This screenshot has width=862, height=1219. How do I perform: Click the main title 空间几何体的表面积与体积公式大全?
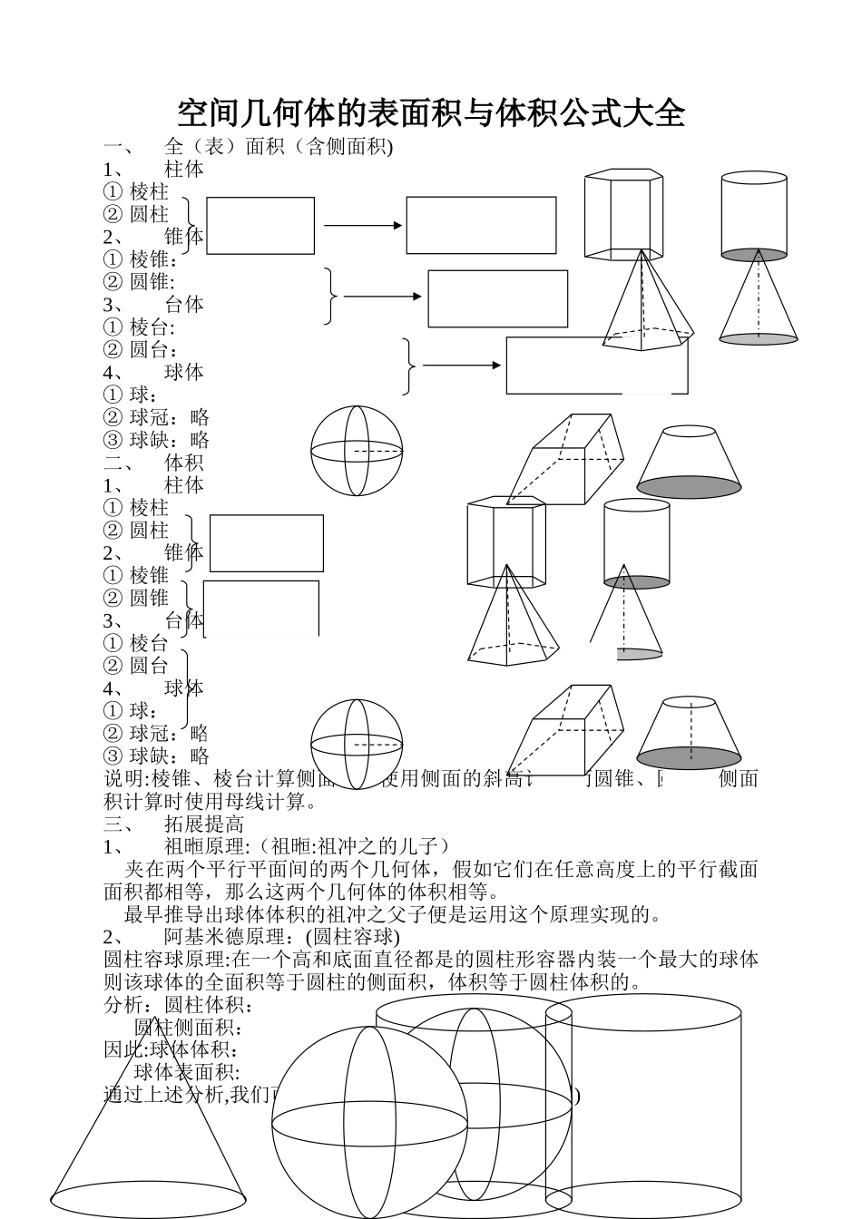(x=430, y=114)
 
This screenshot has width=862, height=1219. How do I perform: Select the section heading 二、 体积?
(x=154, y=463)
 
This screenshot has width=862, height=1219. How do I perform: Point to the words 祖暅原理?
(x=205, y=846)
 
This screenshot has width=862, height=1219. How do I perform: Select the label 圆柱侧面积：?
(x=190, y=1028)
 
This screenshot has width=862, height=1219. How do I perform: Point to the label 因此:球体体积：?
(x=172, y=1050)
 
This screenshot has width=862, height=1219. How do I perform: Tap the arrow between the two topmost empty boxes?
(x=363, y=225)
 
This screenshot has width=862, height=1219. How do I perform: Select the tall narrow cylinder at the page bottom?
(x=559, y=1107)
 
